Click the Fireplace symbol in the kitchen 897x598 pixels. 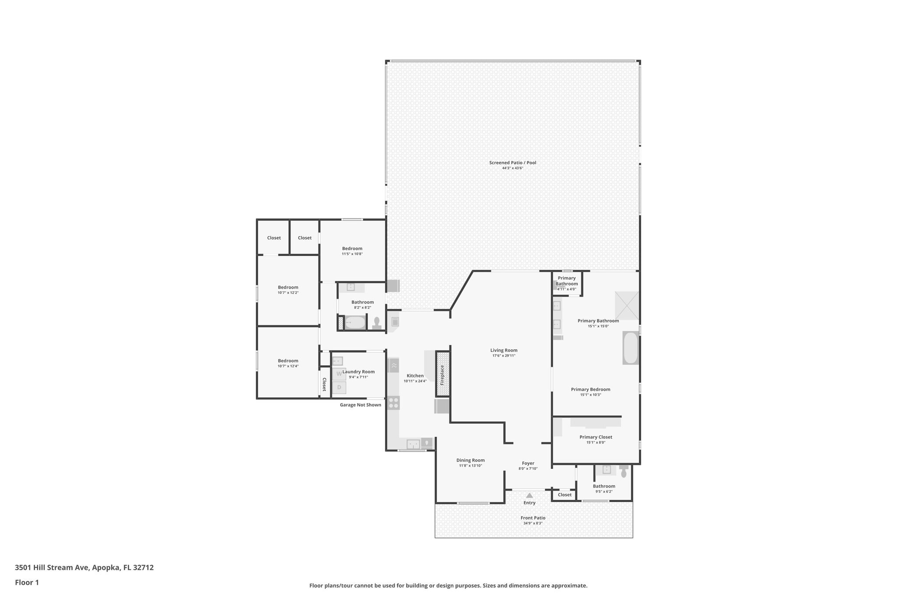point(442,375)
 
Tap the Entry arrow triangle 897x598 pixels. point(530,495)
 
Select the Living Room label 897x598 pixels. point(504,350)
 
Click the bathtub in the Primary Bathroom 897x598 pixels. point(631,348)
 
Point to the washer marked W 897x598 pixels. point(339,374)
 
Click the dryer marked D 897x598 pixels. point(339,388)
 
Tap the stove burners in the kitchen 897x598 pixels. point(393,403)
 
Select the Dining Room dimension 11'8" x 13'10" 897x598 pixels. point(470,466)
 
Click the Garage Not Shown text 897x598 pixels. point(360,405)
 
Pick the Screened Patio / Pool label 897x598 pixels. point(512,163)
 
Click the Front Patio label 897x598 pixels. point(533,518)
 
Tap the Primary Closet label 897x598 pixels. point(596,437)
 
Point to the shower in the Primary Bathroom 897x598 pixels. point(627,305)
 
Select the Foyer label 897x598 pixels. point(528,464)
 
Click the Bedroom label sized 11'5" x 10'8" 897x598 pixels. point(352,249)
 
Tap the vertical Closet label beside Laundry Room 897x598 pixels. point(325,384)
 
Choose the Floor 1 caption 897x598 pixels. point(27,583)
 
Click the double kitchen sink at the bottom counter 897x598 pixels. point(413,444)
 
